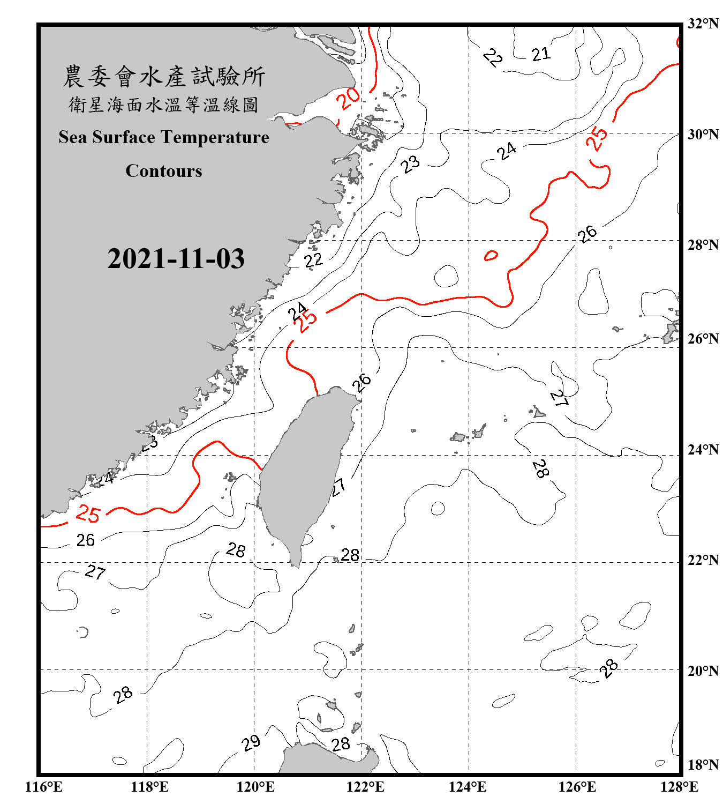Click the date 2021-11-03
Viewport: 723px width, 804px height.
tap(176, 259)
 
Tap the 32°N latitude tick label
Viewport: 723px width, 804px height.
tap(703, 24)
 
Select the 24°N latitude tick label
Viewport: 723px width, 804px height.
tap(703, 449)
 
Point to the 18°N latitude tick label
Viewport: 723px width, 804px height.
tap(703, 764)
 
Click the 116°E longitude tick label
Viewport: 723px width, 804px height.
tap(43, 787)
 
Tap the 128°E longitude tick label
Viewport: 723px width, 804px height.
tap(679, 787)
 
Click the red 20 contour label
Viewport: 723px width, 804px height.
tap(348, 98)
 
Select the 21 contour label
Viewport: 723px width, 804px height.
tap(540, 54)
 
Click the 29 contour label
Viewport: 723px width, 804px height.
tap(251, 743)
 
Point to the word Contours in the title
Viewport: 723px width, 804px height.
tap(164, 171)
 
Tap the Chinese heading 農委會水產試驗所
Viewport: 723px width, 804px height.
tap(164, 76)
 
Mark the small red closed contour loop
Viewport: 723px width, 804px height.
tap(491, 256)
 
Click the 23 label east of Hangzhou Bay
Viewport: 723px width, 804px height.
tap(410, 164)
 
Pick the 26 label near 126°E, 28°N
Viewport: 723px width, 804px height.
tap(587, 233)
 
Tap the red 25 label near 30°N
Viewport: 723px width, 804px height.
tap(597, 139)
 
